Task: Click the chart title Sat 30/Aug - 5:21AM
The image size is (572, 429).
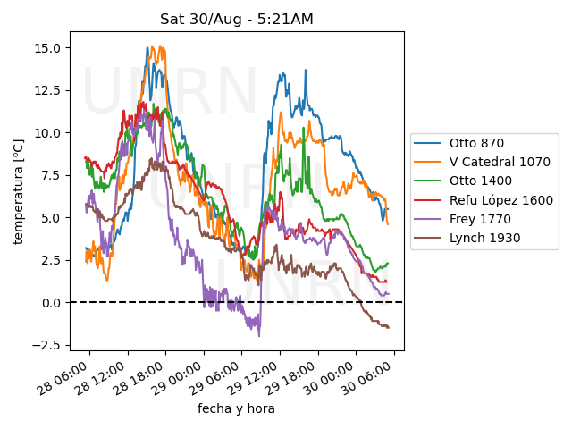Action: [x=236, y=19]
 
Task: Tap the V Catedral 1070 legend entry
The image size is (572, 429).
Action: [x=492, y=162]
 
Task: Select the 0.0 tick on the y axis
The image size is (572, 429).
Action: [x=52, y=303]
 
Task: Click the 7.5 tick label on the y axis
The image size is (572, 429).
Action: [x=52, y=175]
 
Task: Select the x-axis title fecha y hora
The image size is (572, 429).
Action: [x=236, y=408]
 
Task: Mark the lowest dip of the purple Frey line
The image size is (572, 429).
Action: [x=259, y=335]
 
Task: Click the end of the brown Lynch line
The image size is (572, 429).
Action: [x=389, y=327]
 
